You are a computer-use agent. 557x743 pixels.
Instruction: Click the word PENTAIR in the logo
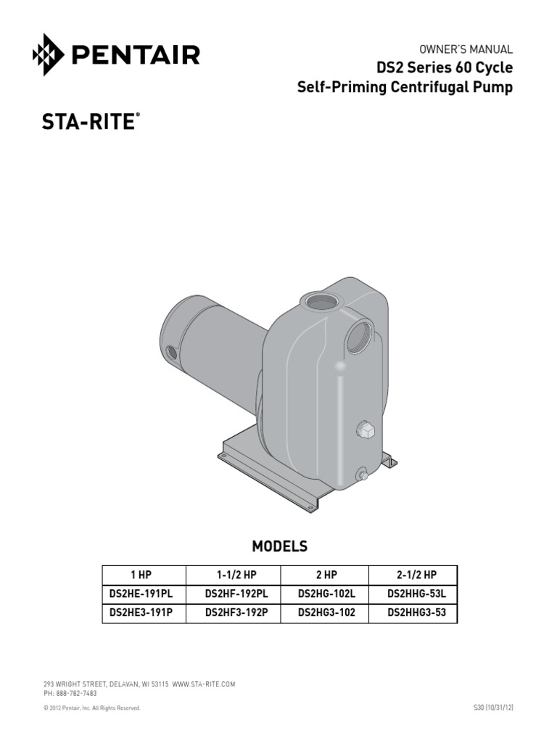134,55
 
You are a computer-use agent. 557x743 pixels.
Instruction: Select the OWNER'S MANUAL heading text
466,49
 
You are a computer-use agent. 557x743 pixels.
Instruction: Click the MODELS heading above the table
279,546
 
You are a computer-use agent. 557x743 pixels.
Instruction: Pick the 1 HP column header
141,575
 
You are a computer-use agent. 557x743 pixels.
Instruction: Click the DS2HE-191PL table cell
141,594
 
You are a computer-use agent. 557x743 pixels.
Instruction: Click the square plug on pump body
364,430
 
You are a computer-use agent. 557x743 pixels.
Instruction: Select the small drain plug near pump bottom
360,475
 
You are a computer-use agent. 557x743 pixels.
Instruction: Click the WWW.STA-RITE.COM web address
204,684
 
